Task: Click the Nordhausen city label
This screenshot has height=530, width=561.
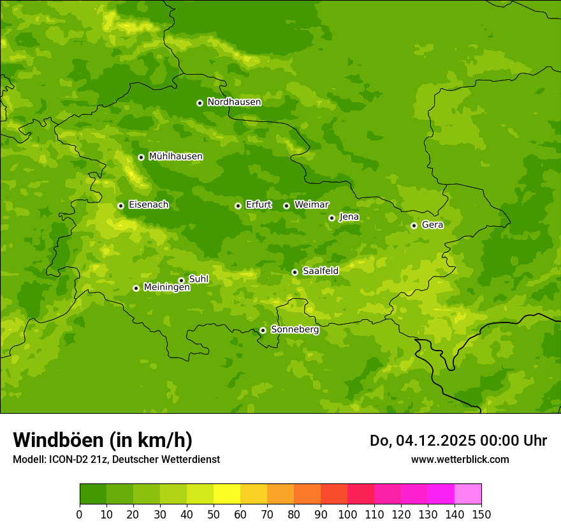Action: [x=234, y=102]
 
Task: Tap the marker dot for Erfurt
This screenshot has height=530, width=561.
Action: [x=238, y=206]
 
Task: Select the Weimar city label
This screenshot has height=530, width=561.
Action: [x=311, y=205]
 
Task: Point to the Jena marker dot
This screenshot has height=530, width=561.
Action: [x=331, y=218]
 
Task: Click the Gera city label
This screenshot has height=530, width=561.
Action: [x=432, y=225]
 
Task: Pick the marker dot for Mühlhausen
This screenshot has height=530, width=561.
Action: [x=141, y=157]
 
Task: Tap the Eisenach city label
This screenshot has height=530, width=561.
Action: [x=149, y=205]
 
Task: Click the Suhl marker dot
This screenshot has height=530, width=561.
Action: [x=181, y=280]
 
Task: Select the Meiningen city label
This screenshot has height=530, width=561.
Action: [x=166, y=288]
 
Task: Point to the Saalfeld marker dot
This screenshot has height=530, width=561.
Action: [x=295, y=272]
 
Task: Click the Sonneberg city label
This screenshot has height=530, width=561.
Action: [x=295, y=330]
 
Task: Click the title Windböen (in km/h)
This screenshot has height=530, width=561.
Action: [x=103, y=440]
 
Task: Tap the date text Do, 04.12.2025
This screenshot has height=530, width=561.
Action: [x=422, y=441]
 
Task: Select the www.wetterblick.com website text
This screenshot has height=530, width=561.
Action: [x=460, y=459]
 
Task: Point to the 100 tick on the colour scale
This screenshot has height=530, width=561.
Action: [x=347, y=514]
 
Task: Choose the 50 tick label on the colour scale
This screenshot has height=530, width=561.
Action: [x=214, y=514]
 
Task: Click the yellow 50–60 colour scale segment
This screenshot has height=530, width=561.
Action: [x=227, y=494]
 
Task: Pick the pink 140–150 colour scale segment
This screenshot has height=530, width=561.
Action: [x=468, y=494]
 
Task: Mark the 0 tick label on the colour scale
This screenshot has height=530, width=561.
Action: [x=80, y=514]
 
